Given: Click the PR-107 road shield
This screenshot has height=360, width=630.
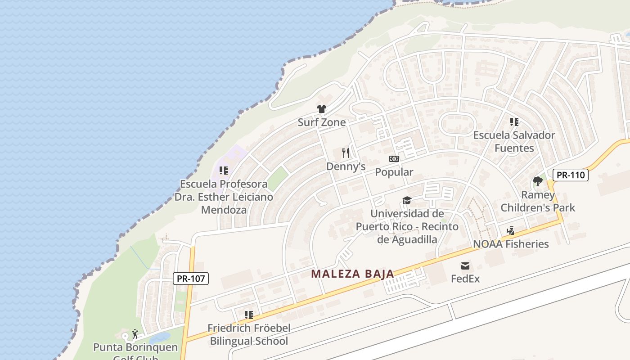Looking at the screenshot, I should click(x=191, y=279).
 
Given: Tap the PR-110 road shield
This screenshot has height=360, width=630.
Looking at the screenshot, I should click(x=570, y=175).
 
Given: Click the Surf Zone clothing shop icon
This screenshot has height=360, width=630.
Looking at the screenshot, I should click(x=321, y=109).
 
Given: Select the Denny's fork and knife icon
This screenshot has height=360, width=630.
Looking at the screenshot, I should click(x=346, y=153).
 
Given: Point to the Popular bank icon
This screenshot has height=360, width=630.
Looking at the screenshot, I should click(x=394, y=159).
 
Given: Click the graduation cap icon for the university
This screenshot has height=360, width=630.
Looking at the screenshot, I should click(x=407, y=200).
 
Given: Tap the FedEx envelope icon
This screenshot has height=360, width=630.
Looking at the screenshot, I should click(x=465, y=266).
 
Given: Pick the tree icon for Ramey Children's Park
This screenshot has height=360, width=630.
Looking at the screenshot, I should click(x=537, y=182).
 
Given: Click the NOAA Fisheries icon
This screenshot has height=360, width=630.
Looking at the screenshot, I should click(x=510, y=231).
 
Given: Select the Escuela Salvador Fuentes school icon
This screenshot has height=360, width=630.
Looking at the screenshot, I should click(x=514, y=122).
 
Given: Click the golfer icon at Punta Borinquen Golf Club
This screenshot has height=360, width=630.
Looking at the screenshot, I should click(x=135, y=334).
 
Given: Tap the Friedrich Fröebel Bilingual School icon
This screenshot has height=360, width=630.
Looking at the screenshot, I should click(x=248, y=315).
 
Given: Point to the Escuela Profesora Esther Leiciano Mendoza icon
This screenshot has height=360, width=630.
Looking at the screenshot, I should click(x=223, y=171).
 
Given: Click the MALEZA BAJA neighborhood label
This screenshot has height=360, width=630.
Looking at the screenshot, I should click(x=353, y=274).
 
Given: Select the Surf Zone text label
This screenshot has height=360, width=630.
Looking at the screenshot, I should click(x=321, y=122).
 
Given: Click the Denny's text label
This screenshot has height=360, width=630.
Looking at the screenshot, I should click(x=346, y=166).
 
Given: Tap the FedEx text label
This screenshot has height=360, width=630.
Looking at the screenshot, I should click(x=465, y=279).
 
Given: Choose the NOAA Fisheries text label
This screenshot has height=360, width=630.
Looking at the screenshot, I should click(x=511, y=244).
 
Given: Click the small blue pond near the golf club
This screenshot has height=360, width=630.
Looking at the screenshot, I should click(x=159, y=337).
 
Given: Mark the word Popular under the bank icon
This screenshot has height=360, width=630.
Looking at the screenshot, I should click(x=394, y=172).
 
